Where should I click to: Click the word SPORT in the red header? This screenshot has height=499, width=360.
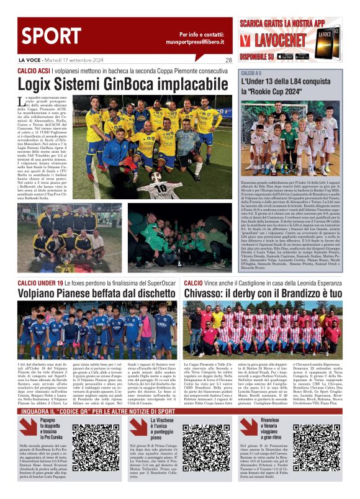point(45,32)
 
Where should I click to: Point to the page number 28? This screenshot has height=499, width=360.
point(228,60)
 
